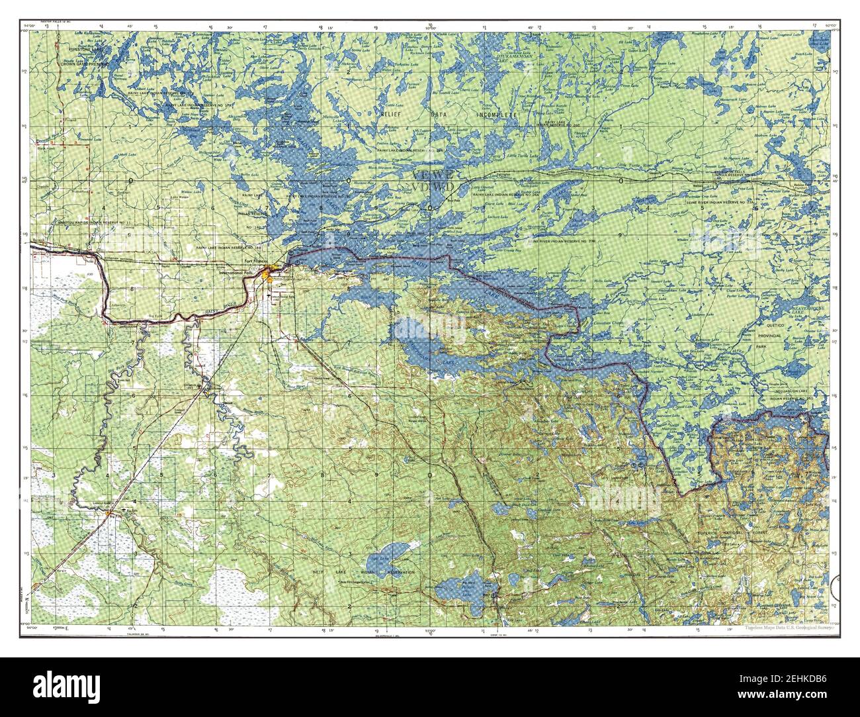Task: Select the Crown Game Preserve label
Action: click(85, 64)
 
